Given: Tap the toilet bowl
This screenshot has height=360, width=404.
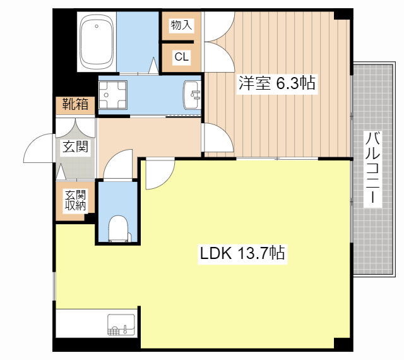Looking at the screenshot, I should click(118, 228).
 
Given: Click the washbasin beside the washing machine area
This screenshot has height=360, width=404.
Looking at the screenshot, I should click(191, 95).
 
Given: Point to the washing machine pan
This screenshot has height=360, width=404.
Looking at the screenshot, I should click(115, 95).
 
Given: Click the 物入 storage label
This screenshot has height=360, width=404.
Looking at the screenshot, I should click(181, 25).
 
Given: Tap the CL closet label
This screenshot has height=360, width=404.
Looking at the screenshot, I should click(181, 57).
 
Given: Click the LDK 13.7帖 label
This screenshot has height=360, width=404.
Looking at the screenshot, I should click(243, 254).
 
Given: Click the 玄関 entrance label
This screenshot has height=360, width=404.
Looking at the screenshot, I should click(75, 148).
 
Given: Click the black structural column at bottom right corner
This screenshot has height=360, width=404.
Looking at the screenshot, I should click(343, 344).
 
